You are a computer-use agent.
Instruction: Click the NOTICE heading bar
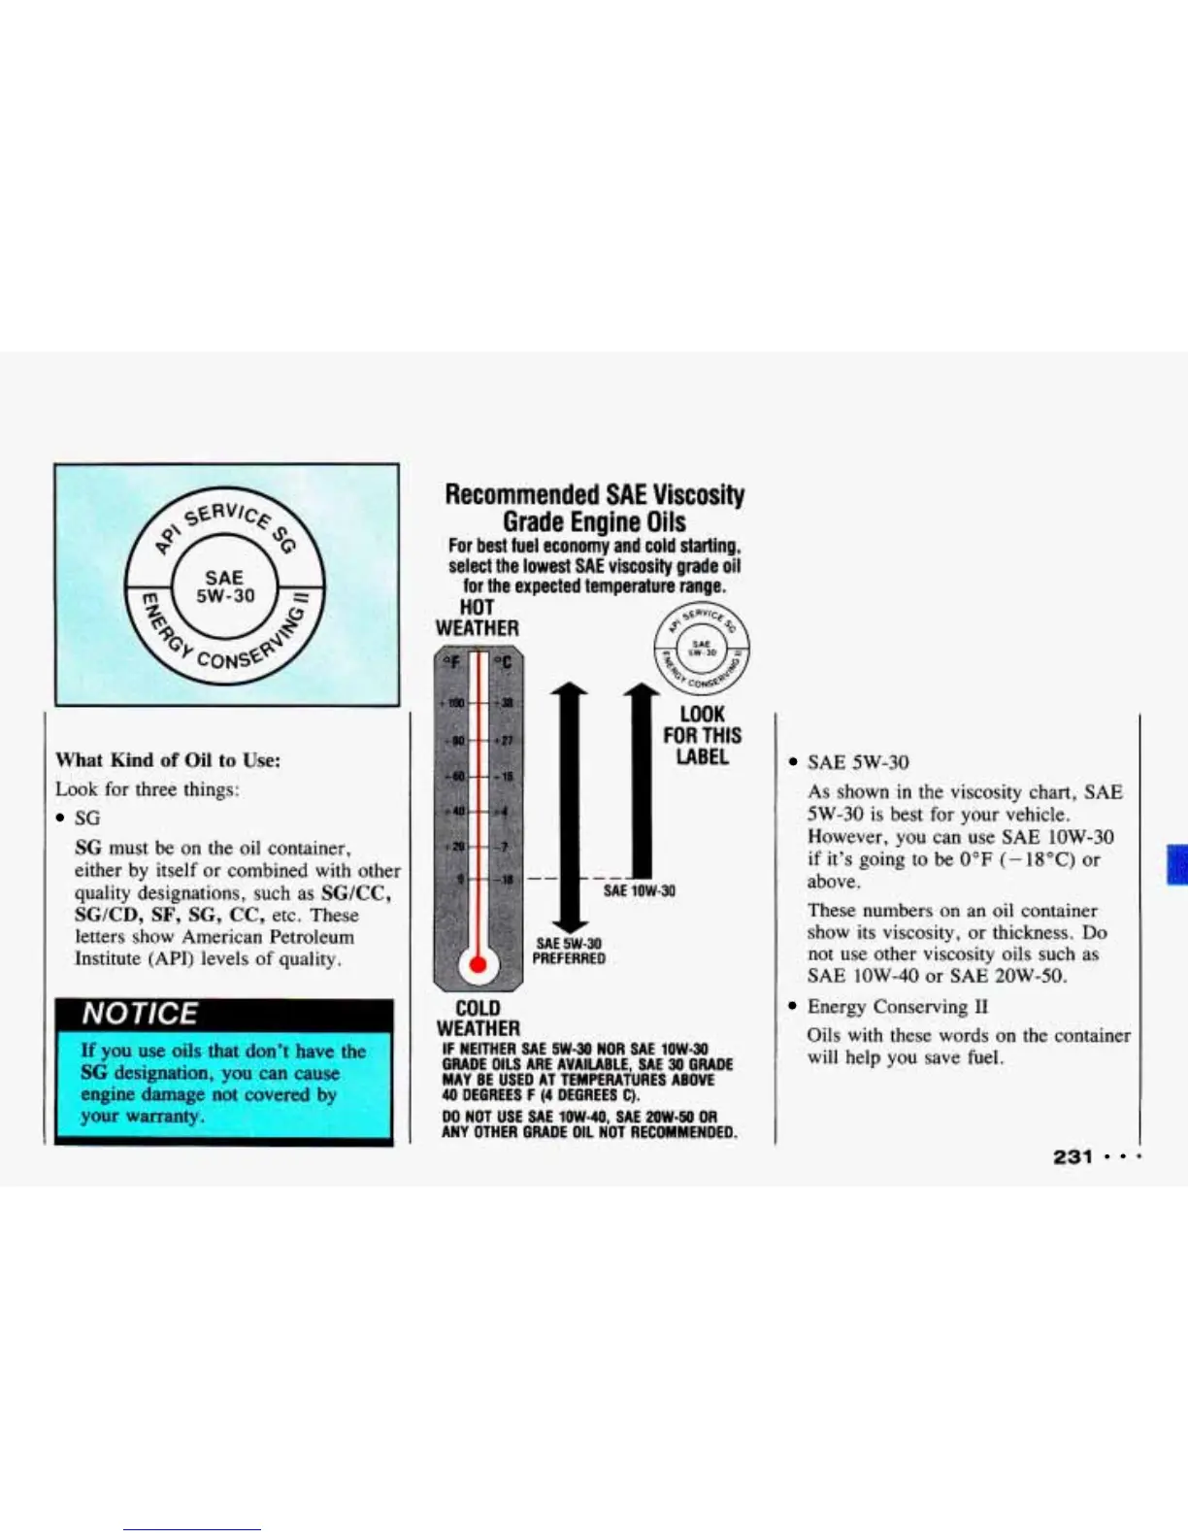(x=223, y=1014)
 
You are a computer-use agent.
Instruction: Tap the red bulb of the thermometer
(x=478, y=963)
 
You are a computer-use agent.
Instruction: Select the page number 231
(x=1072, y=1156)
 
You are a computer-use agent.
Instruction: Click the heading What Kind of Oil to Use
(x=168, y=760)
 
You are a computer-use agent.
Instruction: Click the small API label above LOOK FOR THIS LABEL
(x=704, y=646)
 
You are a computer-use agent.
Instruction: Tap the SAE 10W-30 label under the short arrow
(x=639, y=890)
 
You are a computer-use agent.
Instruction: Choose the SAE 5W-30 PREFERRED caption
(x=569, y=951)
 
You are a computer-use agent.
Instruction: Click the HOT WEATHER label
(x=477, y=618)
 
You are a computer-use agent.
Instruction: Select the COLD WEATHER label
(x=478, y=1018)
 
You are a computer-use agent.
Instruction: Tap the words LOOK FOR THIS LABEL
(x=702, y=735)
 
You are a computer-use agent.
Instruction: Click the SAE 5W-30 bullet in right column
(x=858, y=763)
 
